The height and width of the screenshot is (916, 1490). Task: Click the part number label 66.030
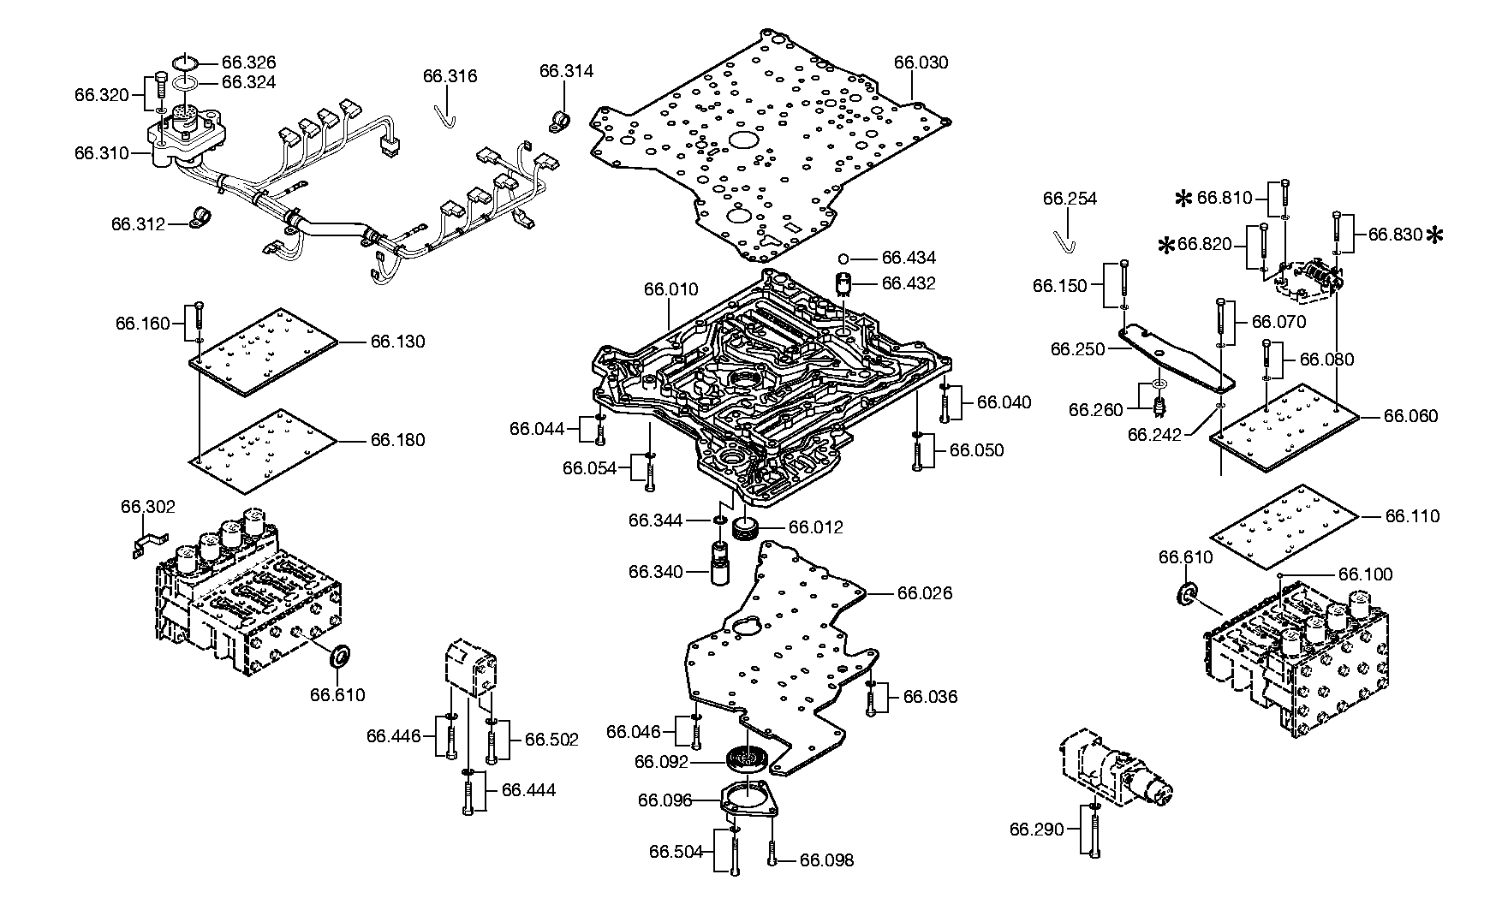[x=921, y=62]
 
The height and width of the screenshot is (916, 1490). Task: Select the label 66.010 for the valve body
[x=671, y=290]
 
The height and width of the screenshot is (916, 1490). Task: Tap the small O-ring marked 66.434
[x=843, y=258]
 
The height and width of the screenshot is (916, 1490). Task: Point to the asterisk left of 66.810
[x=1183, y=199]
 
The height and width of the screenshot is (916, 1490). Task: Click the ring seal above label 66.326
[x=185, y=62]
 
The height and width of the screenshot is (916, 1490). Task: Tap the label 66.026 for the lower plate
[x=925, y=593]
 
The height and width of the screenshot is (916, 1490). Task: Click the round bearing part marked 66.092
[x=748, y=758]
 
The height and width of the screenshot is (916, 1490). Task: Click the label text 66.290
[x=1036, y=829]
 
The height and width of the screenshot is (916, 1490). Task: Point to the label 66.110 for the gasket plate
[x=1413, y=516]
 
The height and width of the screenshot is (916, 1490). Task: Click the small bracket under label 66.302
[x=149, y=544]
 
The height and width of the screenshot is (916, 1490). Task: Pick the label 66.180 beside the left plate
[x=397, y=440]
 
